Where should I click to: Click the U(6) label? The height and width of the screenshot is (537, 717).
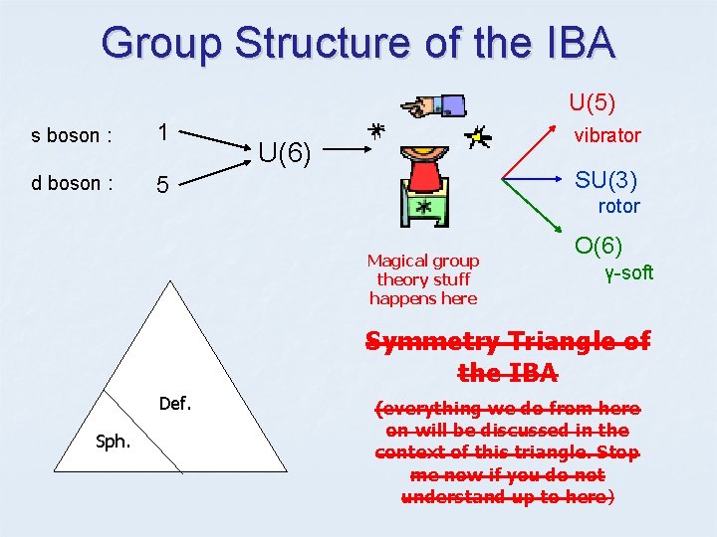click(286, 153)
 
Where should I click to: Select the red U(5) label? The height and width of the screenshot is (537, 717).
click(592, 101)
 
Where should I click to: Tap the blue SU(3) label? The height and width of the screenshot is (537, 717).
click(605, 180)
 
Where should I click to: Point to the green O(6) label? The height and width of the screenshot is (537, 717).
click(598, 245)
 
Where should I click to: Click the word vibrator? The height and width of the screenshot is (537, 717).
click(606, 135)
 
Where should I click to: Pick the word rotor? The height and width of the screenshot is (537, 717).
click(618, 207)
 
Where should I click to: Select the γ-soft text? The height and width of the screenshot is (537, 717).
click(629, 272)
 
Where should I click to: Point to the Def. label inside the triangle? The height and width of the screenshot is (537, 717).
click(175, 404)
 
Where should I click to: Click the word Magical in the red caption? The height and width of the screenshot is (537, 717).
click(395, 261)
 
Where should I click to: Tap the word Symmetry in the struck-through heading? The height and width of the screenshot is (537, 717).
click(431, 342)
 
